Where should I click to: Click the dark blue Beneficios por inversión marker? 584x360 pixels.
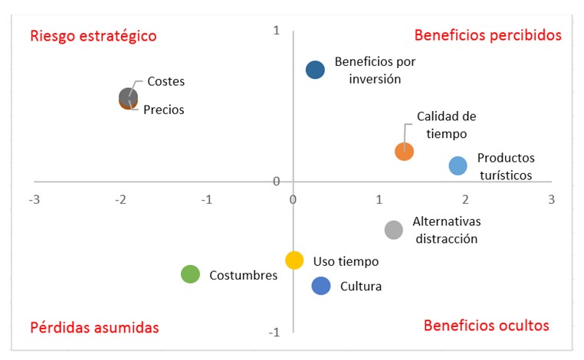point(315,70)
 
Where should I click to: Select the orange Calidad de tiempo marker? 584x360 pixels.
point(404,151)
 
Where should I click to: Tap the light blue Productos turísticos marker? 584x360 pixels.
point(458,165)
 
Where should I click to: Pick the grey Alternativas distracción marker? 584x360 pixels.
point(393,230)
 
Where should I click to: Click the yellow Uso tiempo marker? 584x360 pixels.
point(294,260)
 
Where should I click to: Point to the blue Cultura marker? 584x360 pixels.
point(321,286)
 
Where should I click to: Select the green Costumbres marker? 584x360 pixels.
point(190,274)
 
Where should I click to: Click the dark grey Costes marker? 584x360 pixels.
point(128,96)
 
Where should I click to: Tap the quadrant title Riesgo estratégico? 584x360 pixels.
point(93,36)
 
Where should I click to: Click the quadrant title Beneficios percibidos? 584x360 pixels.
point(487,35)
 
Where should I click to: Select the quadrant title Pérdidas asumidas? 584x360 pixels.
point(94,327)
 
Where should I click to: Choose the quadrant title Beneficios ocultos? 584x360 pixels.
point(486,326)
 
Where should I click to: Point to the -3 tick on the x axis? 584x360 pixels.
point(34,199)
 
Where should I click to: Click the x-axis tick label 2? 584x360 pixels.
point(464,199)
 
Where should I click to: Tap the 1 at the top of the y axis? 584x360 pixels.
point(277,30)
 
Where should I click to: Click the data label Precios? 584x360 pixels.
point(164,110)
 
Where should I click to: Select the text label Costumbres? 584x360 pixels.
point(243,275)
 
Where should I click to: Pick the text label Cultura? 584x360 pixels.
point(361,286)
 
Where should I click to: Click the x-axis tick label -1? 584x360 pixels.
point(206,199)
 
